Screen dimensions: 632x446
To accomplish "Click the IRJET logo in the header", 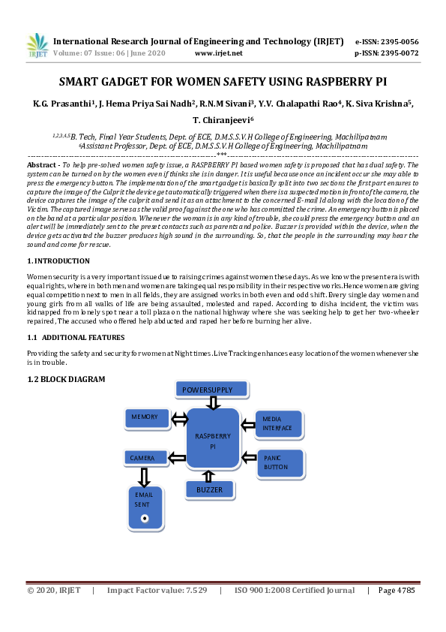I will coord(37,46).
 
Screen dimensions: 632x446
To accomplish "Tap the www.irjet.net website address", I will coord(218,53).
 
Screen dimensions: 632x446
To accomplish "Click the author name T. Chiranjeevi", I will coord(223,119).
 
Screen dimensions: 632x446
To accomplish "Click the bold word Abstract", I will coord(40,164).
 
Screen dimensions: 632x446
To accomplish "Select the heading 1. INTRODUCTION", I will coord(58,261).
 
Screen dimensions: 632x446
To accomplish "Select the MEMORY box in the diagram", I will coord(146,417).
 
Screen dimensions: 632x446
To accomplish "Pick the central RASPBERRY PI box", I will coord(213,441).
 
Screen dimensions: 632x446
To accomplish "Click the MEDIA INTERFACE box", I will coord(280,423).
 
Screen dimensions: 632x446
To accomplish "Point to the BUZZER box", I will coord(210,489).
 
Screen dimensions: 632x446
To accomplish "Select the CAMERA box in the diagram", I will coord(144,457).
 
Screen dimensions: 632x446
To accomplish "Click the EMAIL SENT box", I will coord(144,505).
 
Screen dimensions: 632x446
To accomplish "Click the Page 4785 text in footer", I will coord(397,591).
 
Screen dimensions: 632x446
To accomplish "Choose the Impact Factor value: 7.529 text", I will coord(157,591).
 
